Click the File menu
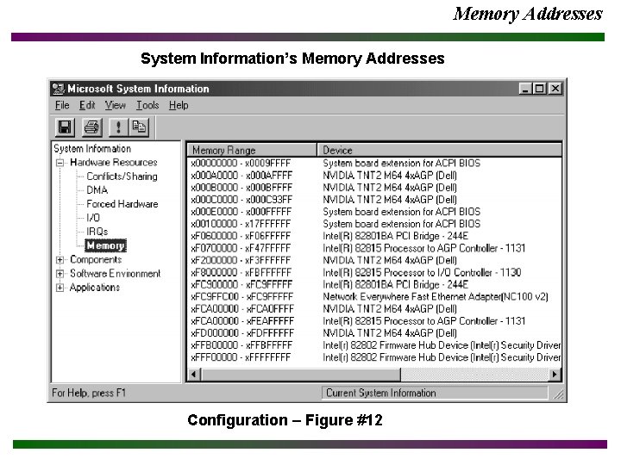[62, 105]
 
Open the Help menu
[179, 105]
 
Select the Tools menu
[147, 105]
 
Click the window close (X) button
[555, 88]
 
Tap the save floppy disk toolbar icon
[65, 127]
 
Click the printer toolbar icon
[91, 127]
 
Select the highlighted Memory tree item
[105, 245]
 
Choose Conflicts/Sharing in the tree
[122, 177]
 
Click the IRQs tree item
[97, 232]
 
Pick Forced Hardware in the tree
[122, 204]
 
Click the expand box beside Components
[60, 260]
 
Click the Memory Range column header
[223, 151]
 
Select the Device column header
[337, 151]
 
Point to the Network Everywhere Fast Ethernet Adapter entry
[435, 296]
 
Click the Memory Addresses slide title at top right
[527, 13]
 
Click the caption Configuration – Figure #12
[285, 420]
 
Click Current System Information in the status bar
[380, 393]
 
